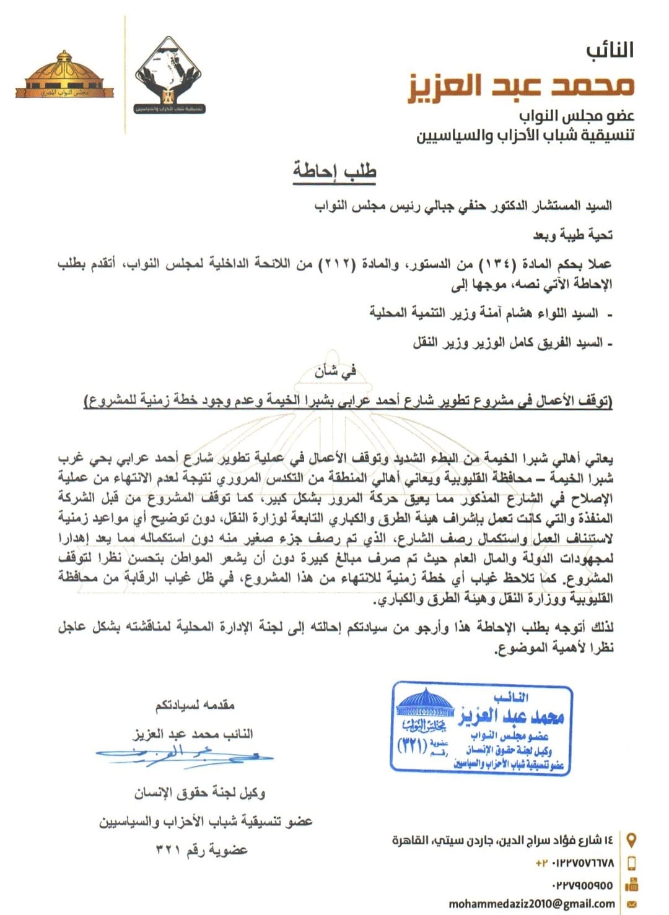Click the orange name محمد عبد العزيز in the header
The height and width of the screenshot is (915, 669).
click(x=521, y=85)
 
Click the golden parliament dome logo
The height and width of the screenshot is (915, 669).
click(x=64, y=76)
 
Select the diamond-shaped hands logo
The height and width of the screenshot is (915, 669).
click(x=169, y=74)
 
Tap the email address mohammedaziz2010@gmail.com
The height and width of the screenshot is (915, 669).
click(x=531, y=904)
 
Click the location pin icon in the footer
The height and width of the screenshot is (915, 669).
click(x=632, y=840)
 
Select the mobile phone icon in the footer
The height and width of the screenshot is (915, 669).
click(x=632, y=862)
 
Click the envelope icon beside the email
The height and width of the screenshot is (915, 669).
click(x=632, y=904)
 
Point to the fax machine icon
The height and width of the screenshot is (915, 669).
click(x=632, y=884)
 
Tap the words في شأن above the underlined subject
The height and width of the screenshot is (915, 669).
click(x=335, y=372)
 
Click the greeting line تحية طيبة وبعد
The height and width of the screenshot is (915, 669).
click(x=573, y=235)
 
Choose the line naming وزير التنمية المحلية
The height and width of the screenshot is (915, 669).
click(x=483, y=313)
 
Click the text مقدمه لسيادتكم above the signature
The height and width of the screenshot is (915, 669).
click(x=195, y=705)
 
